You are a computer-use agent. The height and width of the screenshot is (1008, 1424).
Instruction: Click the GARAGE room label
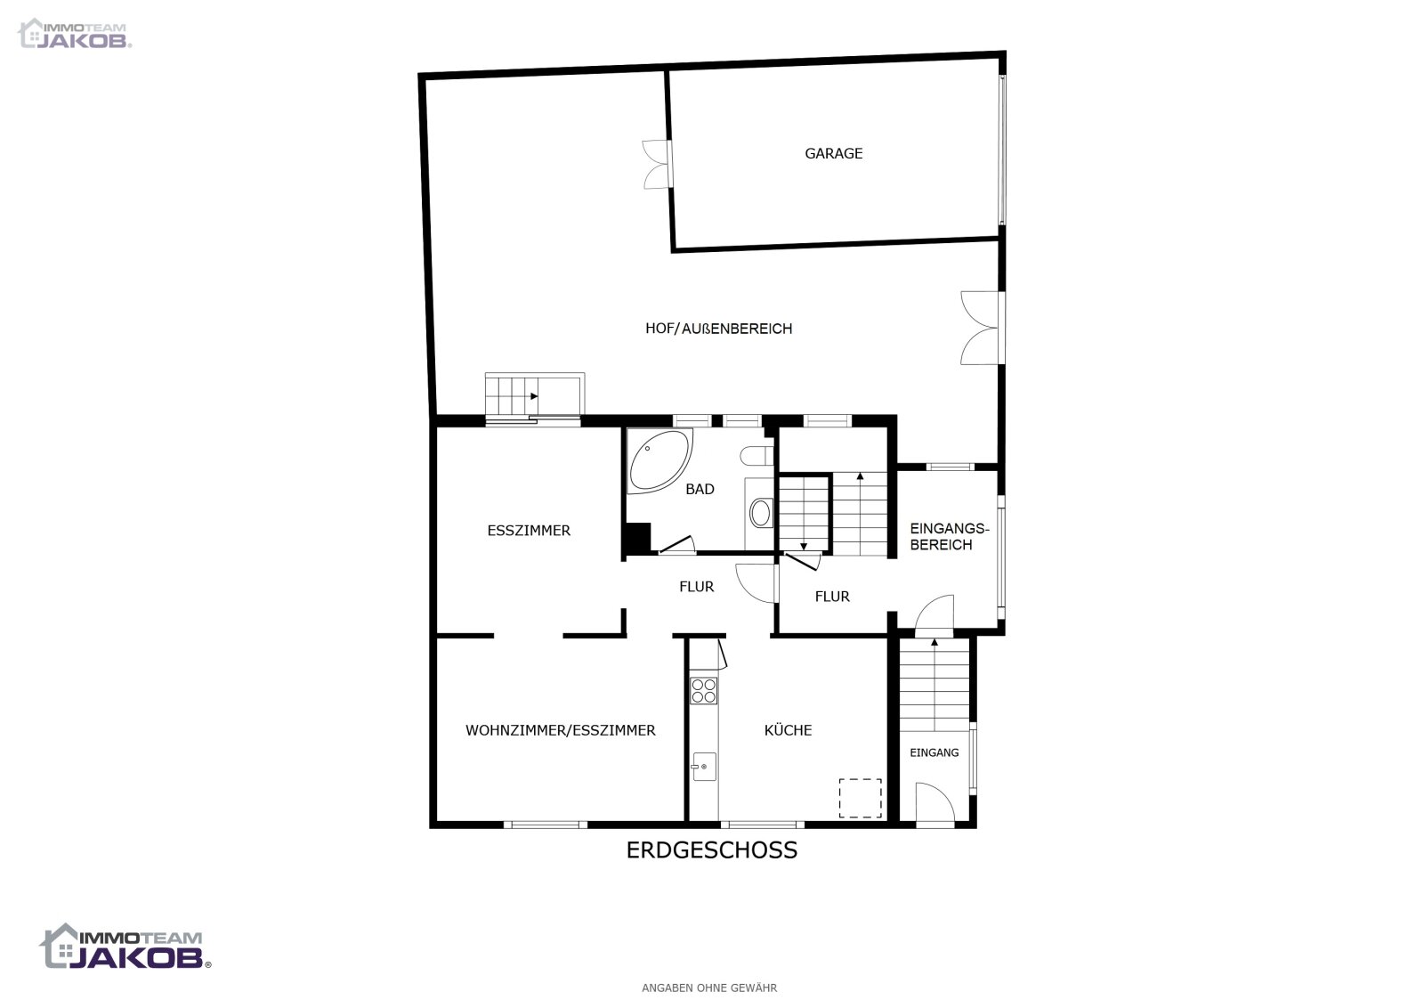click(833, 153)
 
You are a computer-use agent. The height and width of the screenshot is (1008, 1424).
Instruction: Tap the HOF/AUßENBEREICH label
click(718, 329)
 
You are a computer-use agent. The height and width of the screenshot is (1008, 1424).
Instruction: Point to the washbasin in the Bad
click(761, 513)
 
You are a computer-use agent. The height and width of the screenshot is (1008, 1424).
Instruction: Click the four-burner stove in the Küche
click(703, 690)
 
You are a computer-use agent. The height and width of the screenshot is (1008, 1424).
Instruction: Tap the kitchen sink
click(703, 767)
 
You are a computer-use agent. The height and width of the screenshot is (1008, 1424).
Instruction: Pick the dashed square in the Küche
click(860, 798)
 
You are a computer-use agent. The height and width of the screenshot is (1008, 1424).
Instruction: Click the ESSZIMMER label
click(529, 531)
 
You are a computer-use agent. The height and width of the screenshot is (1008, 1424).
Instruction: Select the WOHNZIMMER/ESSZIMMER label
click(560, 730)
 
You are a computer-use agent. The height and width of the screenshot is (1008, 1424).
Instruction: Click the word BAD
click(700, 489)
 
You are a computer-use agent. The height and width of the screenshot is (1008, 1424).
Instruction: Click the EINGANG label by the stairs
click(934, 752)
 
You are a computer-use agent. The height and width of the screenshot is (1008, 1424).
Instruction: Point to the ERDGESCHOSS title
click(711, 850)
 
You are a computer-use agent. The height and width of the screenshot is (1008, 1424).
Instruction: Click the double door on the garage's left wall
click(657, 164)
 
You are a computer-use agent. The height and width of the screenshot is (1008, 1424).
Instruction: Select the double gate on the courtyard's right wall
click(982, 328)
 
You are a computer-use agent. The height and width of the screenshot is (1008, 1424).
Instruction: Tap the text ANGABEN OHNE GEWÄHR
click(709, 988)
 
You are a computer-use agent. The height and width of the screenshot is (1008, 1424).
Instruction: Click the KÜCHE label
click(788, 730)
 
